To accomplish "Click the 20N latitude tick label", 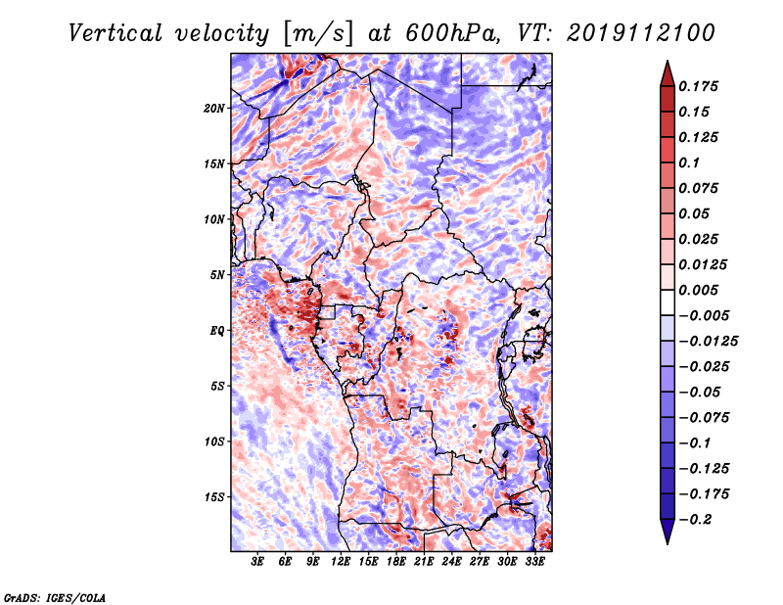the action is click(x=214, y=109).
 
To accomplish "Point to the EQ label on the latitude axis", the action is click(x=217, y=331).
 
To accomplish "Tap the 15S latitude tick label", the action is click(x=214, y=497).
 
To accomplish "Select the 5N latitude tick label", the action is click(x=217, y=275).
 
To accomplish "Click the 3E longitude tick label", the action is click(x=257, y=561).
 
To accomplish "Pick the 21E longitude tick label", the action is click(x=424, y=561).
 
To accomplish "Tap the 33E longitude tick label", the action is click(x=534, y=561).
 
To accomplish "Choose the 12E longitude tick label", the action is click(x=341, y=561).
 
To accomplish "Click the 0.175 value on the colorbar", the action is click(x=698, y=86).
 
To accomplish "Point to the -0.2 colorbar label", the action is click(x=695, y=520).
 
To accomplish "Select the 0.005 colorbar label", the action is click(x=698, y=290).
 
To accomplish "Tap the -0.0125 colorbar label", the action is click(x=708, y=342).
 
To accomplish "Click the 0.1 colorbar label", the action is click(x=689, y=163).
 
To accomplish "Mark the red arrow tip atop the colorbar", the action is click(x=668, y=61).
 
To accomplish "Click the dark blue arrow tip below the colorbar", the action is click(x=668, y=543).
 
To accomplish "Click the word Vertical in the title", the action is click(x=115, y=33).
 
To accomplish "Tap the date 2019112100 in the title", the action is click(x=641, y=33).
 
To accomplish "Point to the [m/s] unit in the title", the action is click(x=318, y=34).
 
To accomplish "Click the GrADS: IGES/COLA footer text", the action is click(x=55, y=597).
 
